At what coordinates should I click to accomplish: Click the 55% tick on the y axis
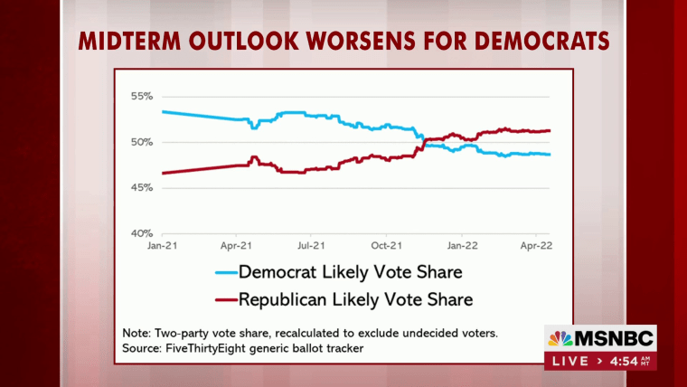(143, 96)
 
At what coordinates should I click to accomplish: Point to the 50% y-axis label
(143, 142)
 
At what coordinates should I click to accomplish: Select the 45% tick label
(143, 187)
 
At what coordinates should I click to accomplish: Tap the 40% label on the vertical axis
(143, 233)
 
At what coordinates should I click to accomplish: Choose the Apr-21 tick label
(235, 244)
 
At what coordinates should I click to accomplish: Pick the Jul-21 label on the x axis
(311, 244)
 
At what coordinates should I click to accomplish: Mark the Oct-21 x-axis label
(386, 244)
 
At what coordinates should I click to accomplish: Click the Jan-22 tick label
(464, 244)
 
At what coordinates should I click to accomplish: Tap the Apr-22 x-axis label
(536, 244)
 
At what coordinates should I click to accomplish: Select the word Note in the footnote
(138, 332)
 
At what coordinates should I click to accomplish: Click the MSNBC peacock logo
(560, 339)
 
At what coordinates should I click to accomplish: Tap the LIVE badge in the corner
(568, 362)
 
